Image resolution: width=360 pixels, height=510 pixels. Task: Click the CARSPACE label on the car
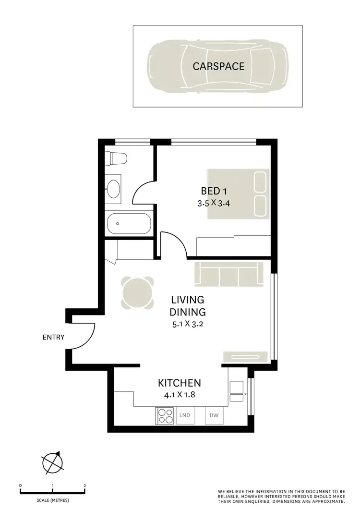click(218, 66)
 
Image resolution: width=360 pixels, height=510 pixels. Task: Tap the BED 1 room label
click(214, 191)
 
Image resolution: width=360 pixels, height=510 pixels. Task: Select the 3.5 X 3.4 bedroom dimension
click(214, 203)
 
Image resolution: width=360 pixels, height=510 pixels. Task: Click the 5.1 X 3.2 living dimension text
click(188, 324)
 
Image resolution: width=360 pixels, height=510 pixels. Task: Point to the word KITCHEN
click(179, 383)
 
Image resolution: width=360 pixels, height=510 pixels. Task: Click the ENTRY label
click(53, 338)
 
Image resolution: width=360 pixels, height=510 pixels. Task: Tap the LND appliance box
click(185, 415)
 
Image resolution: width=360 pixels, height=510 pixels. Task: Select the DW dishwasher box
click(213, 415)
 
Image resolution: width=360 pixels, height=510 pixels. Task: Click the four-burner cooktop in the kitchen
click(165, 416)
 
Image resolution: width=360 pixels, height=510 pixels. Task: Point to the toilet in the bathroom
click(117, 158)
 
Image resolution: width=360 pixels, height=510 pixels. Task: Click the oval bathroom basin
click(114, 189)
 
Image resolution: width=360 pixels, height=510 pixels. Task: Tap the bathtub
click(129, 224)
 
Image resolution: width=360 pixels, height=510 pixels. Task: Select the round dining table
click(138, 293)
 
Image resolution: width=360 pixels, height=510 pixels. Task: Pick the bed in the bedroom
click(238, 194)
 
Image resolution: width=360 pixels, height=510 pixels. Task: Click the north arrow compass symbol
click(53, 463)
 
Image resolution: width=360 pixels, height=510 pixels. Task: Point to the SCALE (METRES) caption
click(53, 500)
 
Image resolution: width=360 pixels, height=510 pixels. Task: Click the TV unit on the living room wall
click(245, 356)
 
